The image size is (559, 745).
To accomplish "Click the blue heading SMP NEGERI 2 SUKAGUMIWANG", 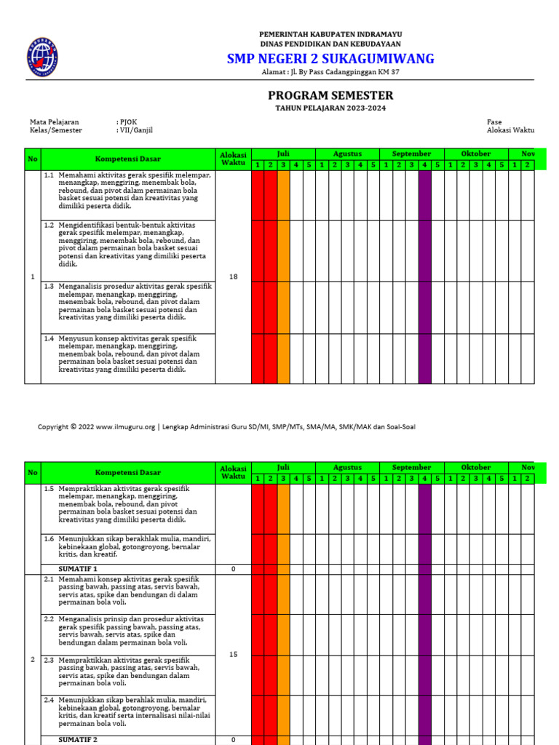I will pos(330,58).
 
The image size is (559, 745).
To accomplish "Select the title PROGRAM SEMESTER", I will pos(330,95).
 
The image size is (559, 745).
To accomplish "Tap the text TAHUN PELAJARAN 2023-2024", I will pos(330,108).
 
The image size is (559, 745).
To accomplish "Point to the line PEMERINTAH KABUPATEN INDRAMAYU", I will pos(330,34).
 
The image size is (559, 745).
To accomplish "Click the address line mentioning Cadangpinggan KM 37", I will pos(330,72).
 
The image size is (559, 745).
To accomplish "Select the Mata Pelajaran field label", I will pos(55,121).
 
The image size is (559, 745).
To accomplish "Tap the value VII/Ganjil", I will pos(135,130).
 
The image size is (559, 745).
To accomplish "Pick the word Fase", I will pos(494,121).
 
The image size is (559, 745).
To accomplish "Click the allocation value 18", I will pos(233,276).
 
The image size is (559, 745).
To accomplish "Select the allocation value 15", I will pos(233,655).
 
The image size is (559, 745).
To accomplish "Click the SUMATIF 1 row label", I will pos(77,568).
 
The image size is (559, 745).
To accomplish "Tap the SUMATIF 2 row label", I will pos(77,739).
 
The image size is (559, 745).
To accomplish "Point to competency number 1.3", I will pos(49,286).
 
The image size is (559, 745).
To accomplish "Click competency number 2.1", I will pos(49,578).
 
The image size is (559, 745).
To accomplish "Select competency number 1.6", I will pos(49,538).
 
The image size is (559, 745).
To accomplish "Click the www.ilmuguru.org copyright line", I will pos(226,427).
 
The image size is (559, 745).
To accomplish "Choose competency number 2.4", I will pos(49,699).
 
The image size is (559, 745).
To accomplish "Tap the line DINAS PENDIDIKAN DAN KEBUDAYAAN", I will pos(330,44).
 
